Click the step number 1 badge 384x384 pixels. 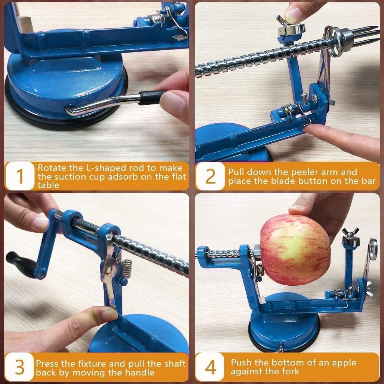point(20,176)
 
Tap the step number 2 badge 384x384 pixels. point(210,176)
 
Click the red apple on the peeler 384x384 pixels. point(295,250)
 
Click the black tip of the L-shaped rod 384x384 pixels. point(152,98)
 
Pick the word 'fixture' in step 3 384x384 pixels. point(96,363)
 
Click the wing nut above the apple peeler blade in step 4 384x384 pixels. point(351,232)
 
